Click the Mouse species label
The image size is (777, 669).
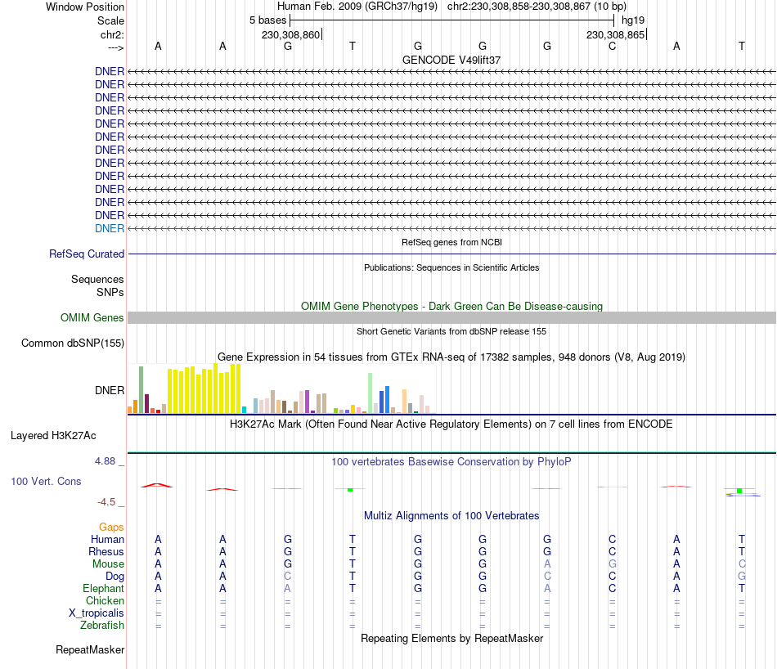(109, 563)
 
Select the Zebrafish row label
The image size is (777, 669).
(103, 626)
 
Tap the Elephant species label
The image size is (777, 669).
(104, 588)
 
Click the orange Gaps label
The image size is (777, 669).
(111, 527)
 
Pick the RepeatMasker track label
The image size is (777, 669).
(90, 650)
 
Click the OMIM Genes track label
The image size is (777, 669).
(92, 317)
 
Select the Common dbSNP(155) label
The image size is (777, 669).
(73, 343)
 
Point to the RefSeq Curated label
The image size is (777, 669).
(87, 254)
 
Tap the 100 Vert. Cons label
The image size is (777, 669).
(46, 481)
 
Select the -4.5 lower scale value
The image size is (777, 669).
(106, 501)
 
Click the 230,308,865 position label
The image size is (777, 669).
(615, 34)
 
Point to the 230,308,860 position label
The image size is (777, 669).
(290, 34)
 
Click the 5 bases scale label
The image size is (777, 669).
(267, 20)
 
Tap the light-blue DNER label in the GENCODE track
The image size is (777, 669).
(110, 228)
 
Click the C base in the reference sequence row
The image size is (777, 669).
(612, 46)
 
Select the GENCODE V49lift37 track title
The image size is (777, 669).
(451, 60)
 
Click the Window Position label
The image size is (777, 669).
(85, 7)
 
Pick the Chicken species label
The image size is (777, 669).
(106, 601)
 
